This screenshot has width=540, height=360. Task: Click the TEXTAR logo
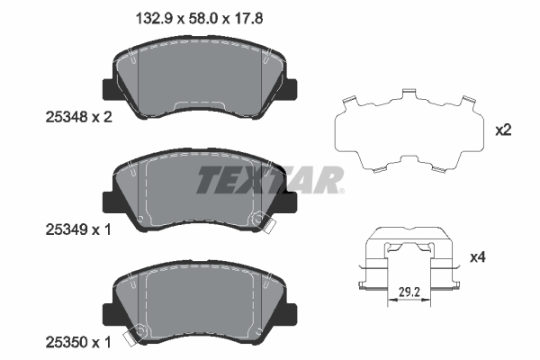point(270,180)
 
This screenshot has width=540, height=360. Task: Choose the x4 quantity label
point(503,258)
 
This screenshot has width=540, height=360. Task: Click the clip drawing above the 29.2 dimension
point(409,261)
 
